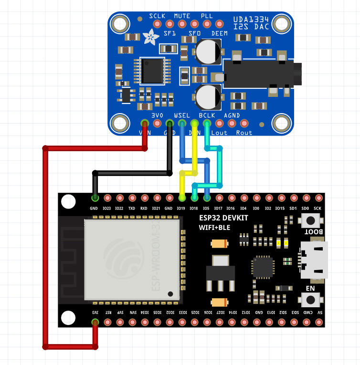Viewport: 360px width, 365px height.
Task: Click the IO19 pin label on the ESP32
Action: point(181,209)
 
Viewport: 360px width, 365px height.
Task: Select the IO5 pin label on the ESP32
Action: point(206,209)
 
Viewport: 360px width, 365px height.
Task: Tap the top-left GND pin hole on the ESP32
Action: point(95,198)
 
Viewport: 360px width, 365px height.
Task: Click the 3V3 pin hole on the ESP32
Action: point(95,323)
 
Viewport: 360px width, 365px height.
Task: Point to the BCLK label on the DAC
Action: point(207,115)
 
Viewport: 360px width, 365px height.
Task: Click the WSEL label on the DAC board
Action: point(182,115)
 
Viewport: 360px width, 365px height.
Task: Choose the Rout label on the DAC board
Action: point(244,133)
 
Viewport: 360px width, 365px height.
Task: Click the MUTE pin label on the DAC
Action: point(182,16)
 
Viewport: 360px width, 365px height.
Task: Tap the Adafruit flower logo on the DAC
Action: point(152,37)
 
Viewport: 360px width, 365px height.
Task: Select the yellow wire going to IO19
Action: point(194,157)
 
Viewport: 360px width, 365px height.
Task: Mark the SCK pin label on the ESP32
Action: point(318,209)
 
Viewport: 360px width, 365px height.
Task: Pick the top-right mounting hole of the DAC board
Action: point(282,24)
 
